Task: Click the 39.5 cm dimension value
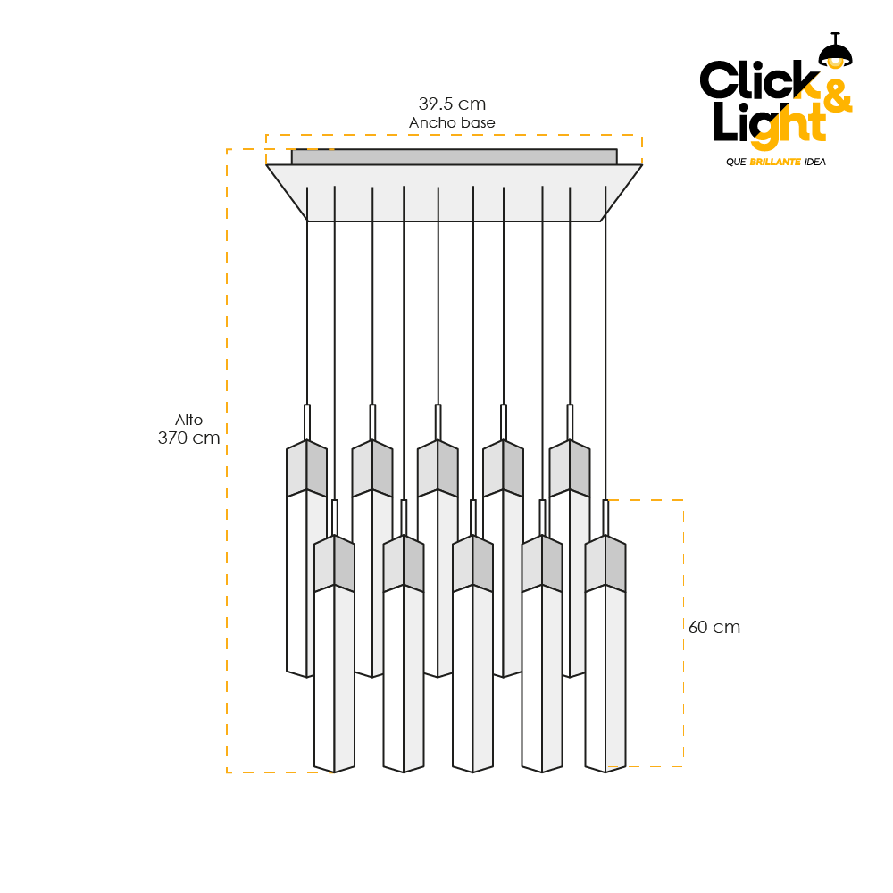[452, 104]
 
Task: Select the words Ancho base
[452, 122]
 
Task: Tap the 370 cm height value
[188, 438]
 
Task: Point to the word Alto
[188, 420]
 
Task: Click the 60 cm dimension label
[714, 627]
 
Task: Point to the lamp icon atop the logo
[836, 50]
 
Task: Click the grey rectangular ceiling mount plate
[454, 156]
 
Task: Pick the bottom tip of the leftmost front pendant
[334, 770]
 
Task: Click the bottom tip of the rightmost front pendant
[605, 770]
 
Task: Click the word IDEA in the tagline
[814, 162]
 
